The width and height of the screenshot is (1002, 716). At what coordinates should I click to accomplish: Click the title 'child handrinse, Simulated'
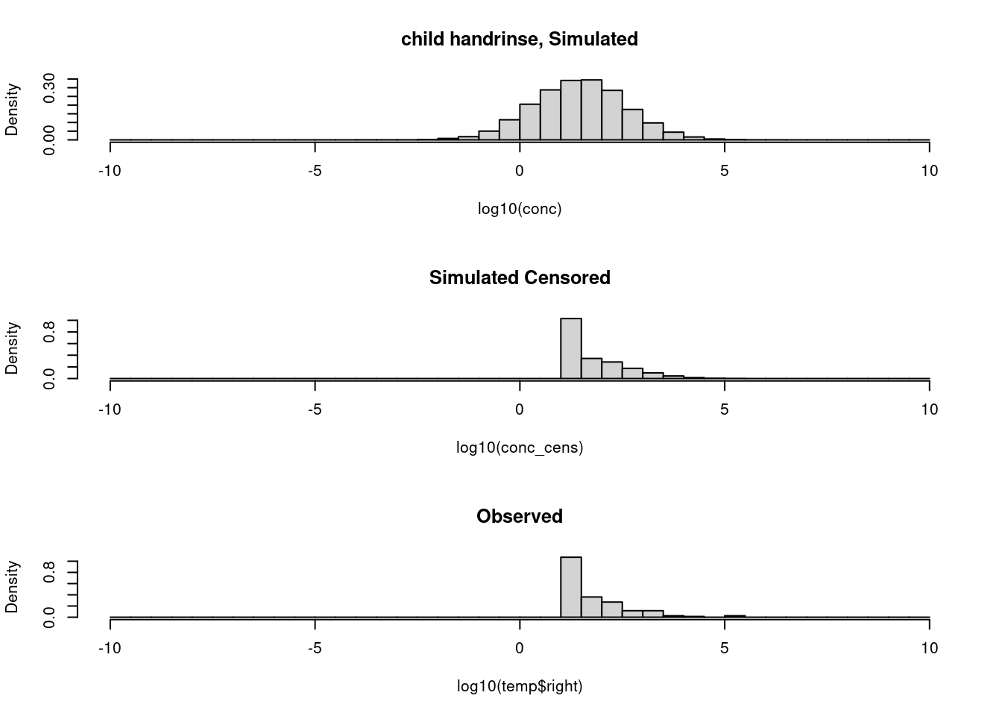519,39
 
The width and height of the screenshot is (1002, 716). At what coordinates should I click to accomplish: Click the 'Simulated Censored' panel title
519,277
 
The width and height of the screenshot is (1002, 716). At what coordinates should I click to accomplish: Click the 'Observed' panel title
519,516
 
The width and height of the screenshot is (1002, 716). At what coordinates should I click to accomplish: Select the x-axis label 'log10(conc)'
519,209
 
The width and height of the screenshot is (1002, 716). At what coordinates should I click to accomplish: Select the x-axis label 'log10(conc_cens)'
519,447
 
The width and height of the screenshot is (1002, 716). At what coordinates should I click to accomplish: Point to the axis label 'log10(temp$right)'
519,686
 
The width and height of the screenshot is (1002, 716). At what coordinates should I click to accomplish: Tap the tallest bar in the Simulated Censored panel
570,348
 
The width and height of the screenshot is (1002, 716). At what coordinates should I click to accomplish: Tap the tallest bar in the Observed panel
570,587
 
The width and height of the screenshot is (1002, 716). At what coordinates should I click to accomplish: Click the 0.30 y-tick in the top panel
50,88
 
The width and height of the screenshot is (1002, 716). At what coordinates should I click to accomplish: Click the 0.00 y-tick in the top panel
50,139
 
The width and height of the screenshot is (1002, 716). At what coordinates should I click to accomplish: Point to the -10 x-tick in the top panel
110,171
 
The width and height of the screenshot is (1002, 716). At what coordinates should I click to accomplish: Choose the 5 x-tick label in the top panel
724,171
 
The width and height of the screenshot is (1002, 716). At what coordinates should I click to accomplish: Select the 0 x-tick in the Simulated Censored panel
520,409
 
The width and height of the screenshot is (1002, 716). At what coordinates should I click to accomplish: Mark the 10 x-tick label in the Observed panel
929,648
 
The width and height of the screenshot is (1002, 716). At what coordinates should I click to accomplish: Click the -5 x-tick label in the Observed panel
315,648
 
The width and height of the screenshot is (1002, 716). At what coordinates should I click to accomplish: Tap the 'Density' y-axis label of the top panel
12,110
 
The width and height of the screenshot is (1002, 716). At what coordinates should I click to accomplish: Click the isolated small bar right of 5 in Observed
734,616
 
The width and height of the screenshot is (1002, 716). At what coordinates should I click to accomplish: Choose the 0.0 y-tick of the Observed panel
50,617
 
